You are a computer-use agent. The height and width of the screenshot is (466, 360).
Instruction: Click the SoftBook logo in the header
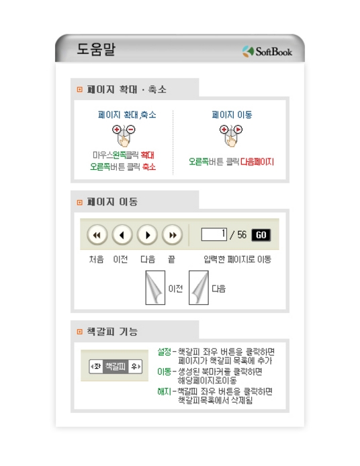coord(267,52)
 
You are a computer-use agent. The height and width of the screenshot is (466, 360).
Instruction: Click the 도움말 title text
coord(96,49)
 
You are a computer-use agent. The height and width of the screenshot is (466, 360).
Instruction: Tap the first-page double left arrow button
coord(97,235)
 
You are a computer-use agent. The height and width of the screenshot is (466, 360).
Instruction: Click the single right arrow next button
coord(147,235)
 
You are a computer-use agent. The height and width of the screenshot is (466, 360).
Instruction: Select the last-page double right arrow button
coord(173,235)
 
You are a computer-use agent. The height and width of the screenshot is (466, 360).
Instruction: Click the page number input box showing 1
coord(214,234)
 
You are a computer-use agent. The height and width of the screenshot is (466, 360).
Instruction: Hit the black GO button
coord(261,235)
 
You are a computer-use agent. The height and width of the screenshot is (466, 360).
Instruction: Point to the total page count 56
coord(242,235)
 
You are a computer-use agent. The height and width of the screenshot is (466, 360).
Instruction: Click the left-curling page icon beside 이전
coord(155,287)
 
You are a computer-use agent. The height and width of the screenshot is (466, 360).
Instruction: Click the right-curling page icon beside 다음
coord(199,287)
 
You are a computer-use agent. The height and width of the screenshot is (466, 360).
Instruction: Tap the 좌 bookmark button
coord(96,367)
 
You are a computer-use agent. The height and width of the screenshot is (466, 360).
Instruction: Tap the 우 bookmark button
coord(135,367)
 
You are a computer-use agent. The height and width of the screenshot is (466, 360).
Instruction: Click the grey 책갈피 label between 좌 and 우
coord(116,367)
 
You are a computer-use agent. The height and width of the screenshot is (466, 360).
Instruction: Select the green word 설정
coord(164,352)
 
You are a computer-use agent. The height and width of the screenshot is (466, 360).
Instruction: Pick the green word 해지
coord(164,391)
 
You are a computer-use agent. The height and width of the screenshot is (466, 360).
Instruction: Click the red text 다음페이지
coord(257,162)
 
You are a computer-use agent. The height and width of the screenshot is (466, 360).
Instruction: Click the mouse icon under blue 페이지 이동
coord(231,136)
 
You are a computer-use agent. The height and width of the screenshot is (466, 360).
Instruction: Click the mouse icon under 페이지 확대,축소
coord(124,136)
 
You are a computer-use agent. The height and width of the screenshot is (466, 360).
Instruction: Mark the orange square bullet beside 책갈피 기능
coord(79,332)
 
